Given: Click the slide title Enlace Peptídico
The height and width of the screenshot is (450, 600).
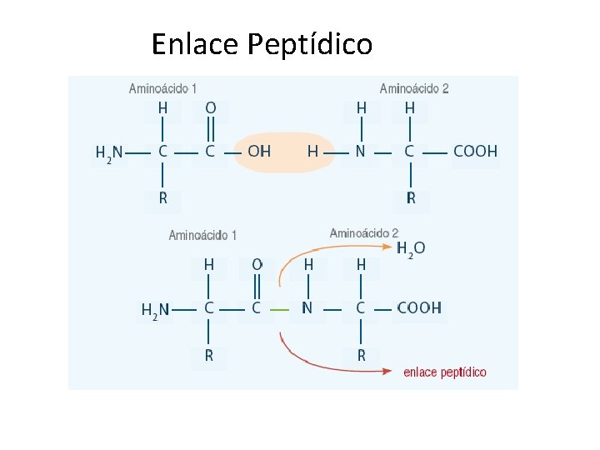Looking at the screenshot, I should [262, 43].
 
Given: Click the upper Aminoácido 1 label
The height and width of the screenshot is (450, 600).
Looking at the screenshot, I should [163, 88].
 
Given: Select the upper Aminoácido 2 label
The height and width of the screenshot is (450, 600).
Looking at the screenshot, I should [414, 88].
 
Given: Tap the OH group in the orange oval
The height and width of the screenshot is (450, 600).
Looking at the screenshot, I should [259, 152].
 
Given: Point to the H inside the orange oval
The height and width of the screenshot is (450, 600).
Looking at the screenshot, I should [312, 152].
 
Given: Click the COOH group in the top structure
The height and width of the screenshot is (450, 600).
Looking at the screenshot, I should [475, 152].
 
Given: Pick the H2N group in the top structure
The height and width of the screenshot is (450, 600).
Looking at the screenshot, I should [109, 152].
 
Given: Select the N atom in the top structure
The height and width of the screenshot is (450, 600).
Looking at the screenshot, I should [361, 152].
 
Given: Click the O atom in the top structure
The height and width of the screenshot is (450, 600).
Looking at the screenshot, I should [210, 107].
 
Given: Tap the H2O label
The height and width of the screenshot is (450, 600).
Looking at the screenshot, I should [411, 248].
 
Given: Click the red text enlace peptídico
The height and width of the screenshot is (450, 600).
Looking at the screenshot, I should [445, 372].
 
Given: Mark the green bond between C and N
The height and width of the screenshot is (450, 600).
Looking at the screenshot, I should [281, 308].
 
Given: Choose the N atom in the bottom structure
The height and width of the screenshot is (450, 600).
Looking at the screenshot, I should [307, 308].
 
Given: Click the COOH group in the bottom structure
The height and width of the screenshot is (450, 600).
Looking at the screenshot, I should [419, 308].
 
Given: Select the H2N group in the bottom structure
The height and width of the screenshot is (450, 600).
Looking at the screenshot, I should [155, 310].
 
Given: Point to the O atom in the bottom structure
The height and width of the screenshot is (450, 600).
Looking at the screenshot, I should [257, 264].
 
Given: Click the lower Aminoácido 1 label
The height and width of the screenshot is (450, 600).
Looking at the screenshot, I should [202, 236].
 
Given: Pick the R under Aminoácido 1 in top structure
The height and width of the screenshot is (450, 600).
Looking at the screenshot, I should [162, 198].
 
